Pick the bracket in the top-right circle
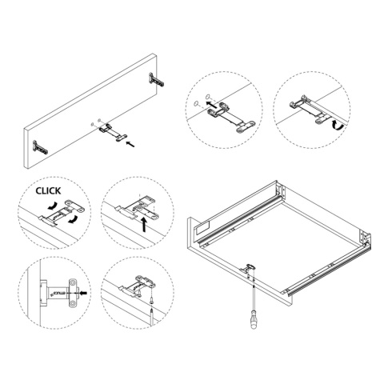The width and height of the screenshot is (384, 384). point(309,104)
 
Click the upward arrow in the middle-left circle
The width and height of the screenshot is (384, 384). point(144,226)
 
